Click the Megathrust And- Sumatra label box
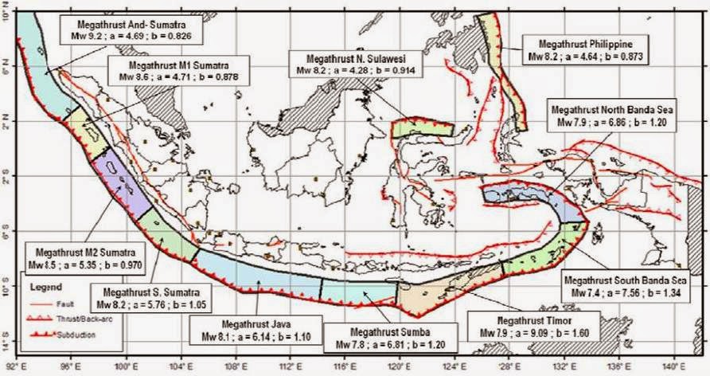click(132, 29)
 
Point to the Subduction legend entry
click(68, 331)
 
